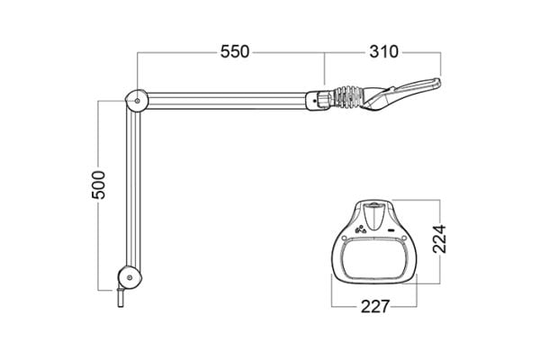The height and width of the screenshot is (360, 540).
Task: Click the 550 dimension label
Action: click(x=235, y=51)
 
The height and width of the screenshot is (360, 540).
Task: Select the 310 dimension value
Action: click(x=383, y=51)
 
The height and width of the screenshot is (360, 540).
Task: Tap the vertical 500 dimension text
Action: click(x=98, y=185)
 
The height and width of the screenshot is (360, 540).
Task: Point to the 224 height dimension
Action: click(x=439, y=239)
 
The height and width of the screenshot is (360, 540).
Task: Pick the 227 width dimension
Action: click(x=375, y=306)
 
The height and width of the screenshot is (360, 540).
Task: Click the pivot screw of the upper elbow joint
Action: click(x=138, y=101)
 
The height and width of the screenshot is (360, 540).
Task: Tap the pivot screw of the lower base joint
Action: click(x=130, y=277)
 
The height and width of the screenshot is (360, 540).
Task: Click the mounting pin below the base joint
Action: click(x=121, y=297)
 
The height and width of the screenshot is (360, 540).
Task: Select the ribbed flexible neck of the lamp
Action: click(x=348, y=96)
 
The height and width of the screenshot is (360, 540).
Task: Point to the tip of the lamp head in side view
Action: click(x=440, y=82)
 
